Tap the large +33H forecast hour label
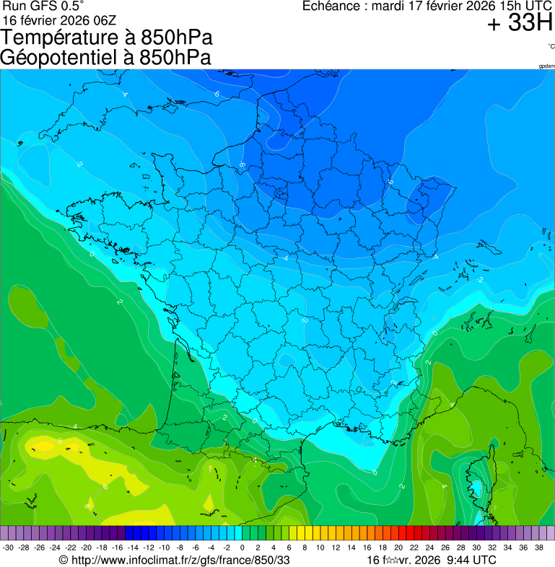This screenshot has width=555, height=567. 520,24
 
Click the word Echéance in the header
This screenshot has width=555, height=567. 333,6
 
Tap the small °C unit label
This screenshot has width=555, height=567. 551,47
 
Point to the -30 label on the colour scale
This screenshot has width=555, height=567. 8,548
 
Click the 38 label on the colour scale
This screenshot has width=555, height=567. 538,548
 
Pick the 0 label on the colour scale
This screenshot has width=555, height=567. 242,548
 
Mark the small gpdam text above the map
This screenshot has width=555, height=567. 546,66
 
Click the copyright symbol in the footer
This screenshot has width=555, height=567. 64,560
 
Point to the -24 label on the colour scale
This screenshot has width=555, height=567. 55,548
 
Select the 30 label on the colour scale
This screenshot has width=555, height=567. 476,548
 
